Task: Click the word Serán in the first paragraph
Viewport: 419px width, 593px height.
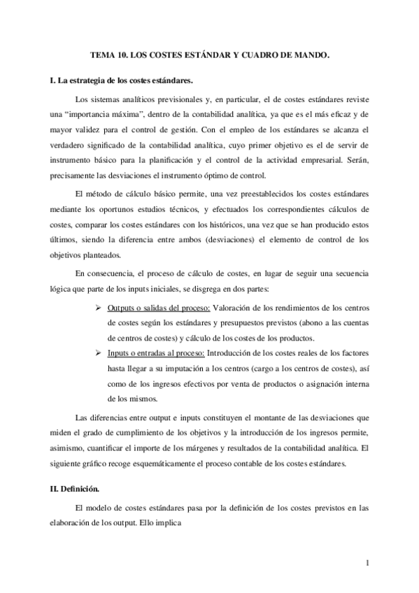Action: (355, 160)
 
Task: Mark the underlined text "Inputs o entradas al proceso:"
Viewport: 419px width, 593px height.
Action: (157, 354)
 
